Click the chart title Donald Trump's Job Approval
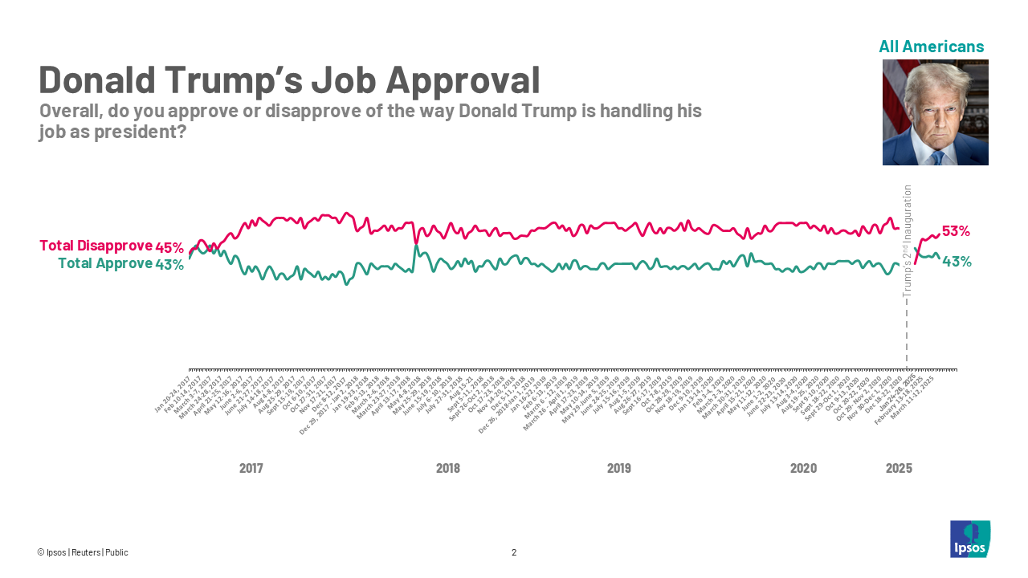[289, 80]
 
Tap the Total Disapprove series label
[96, 246]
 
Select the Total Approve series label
[105, 263]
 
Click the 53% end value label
[956, 231]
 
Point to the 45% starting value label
[169, 246]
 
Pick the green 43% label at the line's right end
[957, 261]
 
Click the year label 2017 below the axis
[251, 468]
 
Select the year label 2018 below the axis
[447, 468]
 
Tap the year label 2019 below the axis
[618, 468]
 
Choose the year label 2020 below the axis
[803, 468]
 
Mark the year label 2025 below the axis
[899, 468]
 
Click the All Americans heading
[931, 47]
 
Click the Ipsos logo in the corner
[970, 539]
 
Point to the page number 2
[514, 552]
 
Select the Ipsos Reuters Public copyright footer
[83, 552]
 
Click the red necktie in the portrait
[936, 158]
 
